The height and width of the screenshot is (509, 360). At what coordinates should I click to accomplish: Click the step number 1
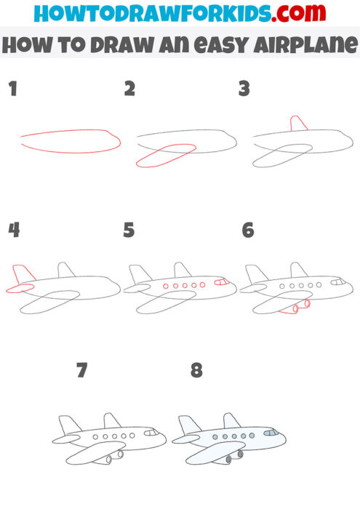coord(12,89)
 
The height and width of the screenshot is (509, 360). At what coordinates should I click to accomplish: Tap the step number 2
coord(130,89)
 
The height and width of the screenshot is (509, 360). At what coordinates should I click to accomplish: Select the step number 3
coord(245,89)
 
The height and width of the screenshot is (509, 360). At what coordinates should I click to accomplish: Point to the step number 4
coord(13,231)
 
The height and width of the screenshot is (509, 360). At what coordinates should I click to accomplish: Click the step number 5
coord(129,231)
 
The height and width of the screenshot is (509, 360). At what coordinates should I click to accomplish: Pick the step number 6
coord(248,231)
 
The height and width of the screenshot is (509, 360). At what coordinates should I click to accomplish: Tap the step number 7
coord(81,371)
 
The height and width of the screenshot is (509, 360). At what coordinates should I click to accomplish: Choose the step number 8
coord(196,371)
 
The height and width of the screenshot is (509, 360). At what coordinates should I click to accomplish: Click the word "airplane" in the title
coord(312,46)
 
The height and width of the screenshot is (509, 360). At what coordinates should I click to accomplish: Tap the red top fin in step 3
coord(298,124)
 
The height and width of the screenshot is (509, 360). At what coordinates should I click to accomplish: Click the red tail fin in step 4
coord(22,274)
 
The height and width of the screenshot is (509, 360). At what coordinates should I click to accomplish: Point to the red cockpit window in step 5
coord(221,281)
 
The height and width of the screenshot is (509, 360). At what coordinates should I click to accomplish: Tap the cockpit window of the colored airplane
coord(271,433)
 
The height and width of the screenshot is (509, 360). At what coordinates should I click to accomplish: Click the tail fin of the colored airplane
coord(188,425)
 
